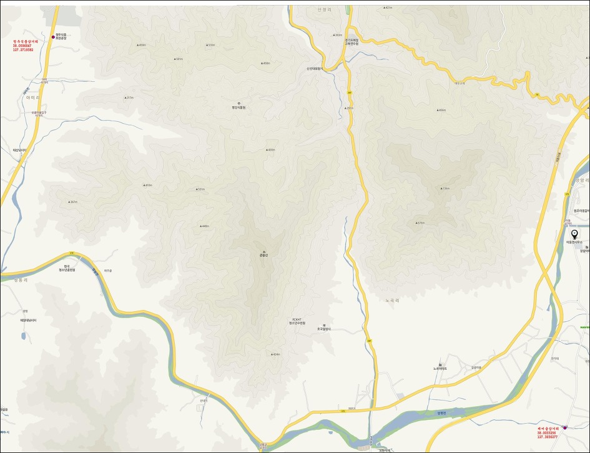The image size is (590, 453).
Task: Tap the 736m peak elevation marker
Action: (x=445, y=188)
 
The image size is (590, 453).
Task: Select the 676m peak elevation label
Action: (x=420, y=223)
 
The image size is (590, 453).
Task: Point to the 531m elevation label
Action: (x=200, y=189)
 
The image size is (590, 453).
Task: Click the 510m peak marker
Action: (x=210, y=45)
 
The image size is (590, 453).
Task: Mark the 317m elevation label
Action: (x=129, y=97)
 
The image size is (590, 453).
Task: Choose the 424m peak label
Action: (x=275, y=354)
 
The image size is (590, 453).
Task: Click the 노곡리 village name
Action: (x=391, y=301)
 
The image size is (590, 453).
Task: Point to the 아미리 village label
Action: (x=31, y=99)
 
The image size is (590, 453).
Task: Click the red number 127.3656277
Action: (x=546, y=437)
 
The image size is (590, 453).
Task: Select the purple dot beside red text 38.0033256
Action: (x=564, y=427)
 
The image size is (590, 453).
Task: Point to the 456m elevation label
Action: (x=441, y=111)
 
